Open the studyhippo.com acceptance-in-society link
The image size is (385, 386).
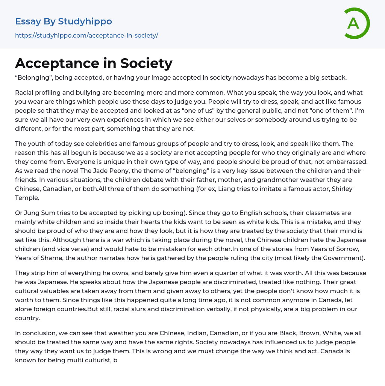click(86, 35)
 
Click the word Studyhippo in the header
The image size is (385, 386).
click(85, 21)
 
